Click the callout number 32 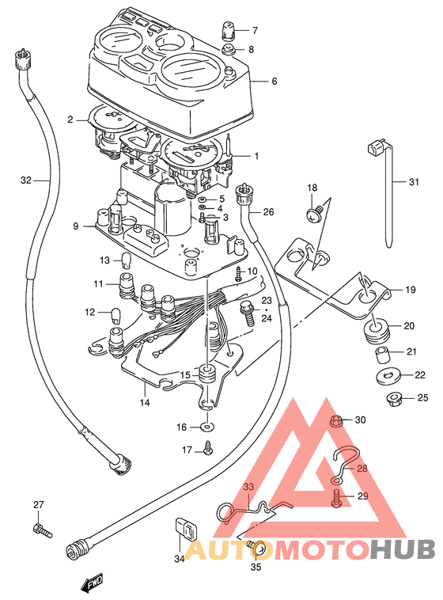25,180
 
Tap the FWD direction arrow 93,583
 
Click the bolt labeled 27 42,531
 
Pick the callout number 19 410,290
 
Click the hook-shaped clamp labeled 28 345,464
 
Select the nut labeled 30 336,421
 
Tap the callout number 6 274,81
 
